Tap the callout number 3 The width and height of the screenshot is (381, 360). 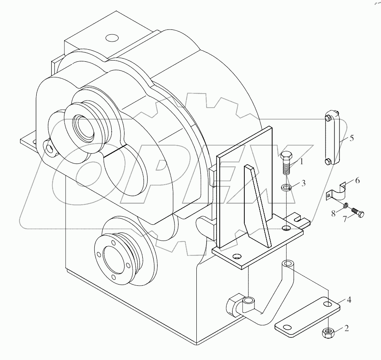[304, 183]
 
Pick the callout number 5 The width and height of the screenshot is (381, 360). [352, 138]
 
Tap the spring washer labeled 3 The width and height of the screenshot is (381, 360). [286, 187]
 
